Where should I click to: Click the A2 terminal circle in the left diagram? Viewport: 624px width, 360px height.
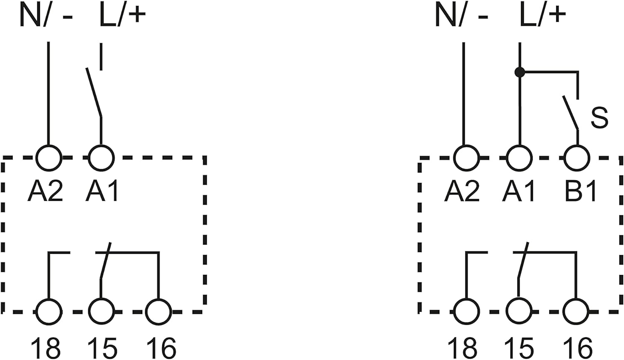point(49,158)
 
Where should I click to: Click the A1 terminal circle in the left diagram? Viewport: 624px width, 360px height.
point(101,158)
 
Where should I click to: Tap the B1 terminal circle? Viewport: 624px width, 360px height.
point(577,158)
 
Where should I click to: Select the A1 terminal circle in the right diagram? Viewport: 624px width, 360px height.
point(520,158)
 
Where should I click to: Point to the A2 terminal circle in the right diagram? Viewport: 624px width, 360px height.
point(466,158)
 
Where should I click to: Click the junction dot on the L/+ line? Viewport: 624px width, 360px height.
point(520,72)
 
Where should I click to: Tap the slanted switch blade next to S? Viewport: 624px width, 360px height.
point(570,112)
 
